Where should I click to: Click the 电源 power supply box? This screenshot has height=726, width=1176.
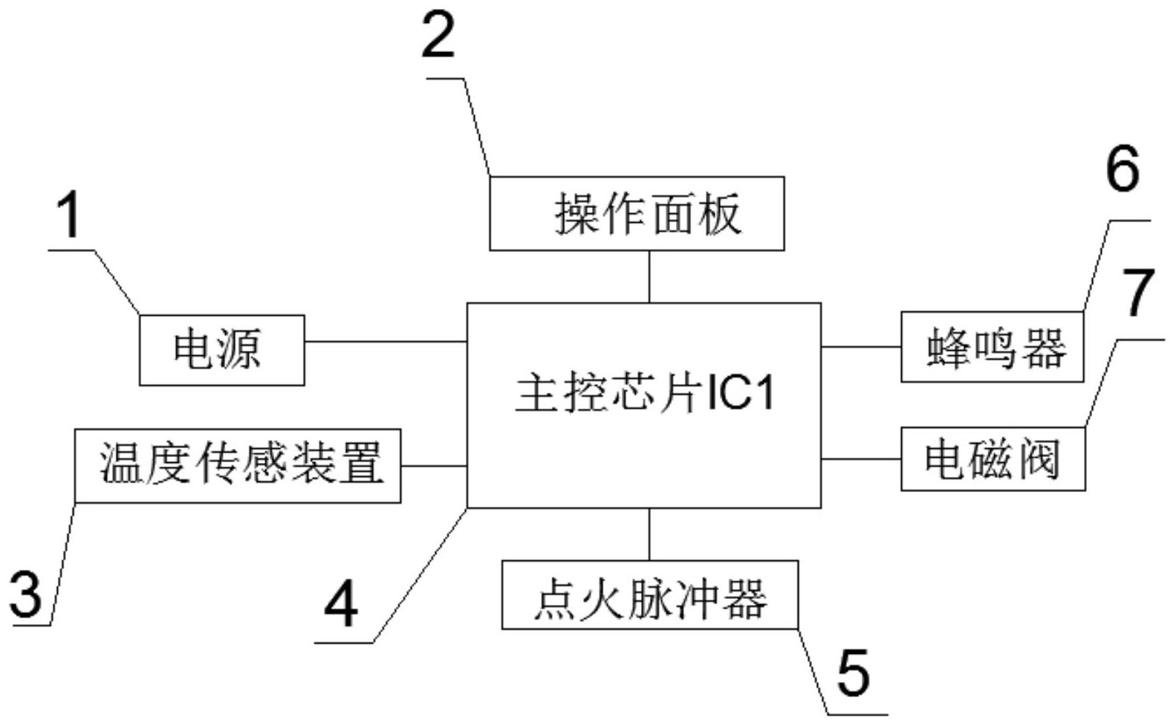pos(221,349)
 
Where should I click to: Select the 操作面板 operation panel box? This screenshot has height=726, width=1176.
pos(637,213)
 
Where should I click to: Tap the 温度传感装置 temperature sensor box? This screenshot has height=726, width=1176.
pos(238,465)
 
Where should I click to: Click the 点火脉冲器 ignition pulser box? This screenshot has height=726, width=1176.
pos(649,595)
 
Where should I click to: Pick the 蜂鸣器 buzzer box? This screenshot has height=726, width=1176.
pos(992,347)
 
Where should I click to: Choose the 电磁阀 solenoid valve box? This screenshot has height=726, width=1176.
pos(993,458)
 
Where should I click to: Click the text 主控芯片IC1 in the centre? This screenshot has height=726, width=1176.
pos(644,393)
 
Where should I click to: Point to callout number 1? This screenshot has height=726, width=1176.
pos(69,216)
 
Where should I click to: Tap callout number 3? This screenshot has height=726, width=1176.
pos(27,594)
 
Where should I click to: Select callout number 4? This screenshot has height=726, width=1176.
pos(341,605)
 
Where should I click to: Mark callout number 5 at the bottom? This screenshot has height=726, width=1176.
pos(852,672)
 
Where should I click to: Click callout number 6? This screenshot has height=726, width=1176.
pos(1122,169)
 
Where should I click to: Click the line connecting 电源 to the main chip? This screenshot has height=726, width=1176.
pos(385,342)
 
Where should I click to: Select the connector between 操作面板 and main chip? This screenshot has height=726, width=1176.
pos(649,276)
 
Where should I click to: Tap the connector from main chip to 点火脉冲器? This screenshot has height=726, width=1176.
pos(649,534)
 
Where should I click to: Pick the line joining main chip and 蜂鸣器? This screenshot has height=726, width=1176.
pos(861,347)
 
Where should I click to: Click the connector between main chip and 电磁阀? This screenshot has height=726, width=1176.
pos(861,459)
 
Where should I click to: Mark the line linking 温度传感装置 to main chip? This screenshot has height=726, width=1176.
pos(434,466)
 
